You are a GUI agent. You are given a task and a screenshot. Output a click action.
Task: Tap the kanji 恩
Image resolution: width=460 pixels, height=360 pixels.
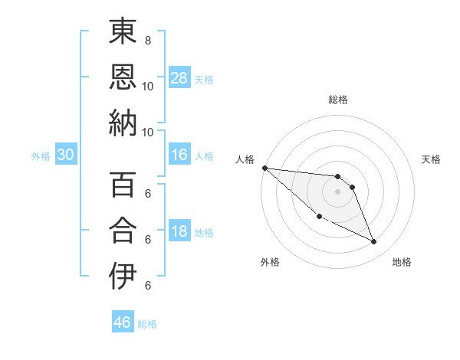point(123,77)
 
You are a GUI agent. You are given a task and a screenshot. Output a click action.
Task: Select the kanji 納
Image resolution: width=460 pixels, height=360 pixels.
point(123,123)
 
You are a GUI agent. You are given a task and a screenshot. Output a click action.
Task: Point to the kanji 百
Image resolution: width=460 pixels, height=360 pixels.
point(123,186)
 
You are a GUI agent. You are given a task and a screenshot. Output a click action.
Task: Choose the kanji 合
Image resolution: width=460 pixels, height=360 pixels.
point(123,231)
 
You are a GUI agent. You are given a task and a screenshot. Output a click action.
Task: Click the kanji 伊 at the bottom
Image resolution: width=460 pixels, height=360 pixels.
point(123,276)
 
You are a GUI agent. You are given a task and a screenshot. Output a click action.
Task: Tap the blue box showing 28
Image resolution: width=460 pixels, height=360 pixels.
point(179,77)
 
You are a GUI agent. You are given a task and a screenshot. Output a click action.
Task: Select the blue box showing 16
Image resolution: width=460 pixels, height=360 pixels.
point(179,155)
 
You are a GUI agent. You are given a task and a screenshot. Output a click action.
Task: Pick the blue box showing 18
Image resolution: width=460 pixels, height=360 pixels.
point(179,231)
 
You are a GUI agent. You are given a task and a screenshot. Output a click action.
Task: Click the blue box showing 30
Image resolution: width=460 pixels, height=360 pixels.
point(66,155)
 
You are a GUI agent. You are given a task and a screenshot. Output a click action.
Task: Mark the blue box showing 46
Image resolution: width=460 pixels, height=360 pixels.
point(123,322)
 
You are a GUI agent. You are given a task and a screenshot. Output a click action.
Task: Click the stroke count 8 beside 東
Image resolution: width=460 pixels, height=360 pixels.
point(148,40)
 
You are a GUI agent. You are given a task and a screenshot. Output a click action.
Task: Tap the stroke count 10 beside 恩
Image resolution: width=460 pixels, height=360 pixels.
point(148,86)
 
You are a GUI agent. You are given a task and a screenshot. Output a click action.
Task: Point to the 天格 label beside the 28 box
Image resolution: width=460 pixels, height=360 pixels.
point(204,79)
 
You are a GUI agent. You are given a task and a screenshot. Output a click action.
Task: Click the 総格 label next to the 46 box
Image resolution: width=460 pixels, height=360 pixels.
point(147,324)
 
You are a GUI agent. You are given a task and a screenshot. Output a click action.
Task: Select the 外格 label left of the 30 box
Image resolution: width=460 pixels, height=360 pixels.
point(41,156)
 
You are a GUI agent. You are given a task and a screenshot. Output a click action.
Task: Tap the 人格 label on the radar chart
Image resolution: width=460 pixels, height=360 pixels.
point(245,159)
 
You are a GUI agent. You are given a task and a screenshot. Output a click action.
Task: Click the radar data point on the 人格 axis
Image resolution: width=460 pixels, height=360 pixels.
point(264,168)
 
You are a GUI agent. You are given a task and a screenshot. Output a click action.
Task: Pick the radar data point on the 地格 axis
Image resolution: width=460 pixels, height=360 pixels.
point(374,242)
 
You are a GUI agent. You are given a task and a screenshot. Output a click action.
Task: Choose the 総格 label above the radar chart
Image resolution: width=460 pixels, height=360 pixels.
point(337,100)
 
